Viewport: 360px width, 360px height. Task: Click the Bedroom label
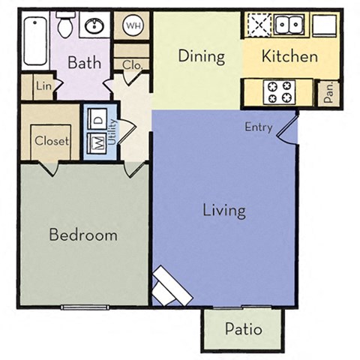tap(83, 235)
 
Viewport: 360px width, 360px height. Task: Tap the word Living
tap(224, 209)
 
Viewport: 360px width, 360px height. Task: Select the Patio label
tap(243, 328)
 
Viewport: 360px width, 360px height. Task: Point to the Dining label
tap(202, 56)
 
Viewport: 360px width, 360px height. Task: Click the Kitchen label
tap(289, 56)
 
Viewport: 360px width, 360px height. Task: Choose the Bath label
tap(84, 63)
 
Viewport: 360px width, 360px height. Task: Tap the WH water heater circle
tap(134, 26)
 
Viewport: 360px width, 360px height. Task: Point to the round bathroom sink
tap(95, 28)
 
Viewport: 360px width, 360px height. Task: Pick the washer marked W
tap(97, 142)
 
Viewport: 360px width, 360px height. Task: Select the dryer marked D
tap(97, 118)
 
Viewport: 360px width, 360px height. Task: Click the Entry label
tap(258, 127)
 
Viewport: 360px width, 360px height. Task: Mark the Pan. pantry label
tap(328, 93)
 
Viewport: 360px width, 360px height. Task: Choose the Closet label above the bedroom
tap(52, 140)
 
